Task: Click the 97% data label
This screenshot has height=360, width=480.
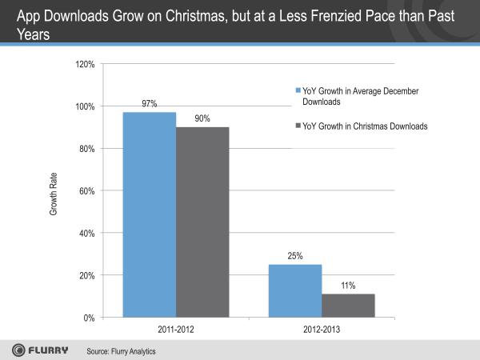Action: point(150,104)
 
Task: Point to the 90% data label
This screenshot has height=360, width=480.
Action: point(202,118)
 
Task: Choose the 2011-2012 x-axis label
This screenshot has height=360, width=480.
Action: point(176,330)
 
